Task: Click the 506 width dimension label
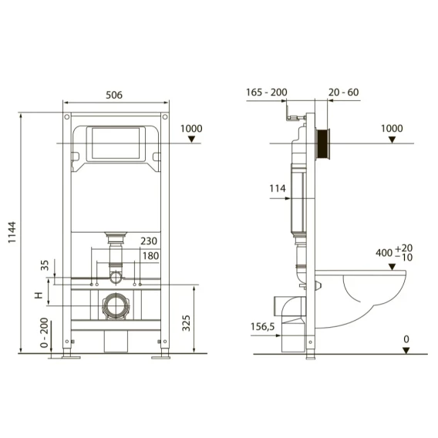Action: point(114,95)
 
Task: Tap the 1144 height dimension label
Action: point(12,232)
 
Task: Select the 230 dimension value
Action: point(149,241)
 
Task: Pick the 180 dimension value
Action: point(151,255)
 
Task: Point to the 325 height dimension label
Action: point(186,323)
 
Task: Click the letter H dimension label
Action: point(39,295)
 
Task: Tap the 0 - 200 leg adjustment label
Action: point(44,332)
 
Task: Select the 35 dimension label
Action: point(45,265)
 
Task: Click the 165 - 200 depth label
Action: point(267,93)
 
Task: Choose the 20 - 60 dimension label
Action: point(344,93)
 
